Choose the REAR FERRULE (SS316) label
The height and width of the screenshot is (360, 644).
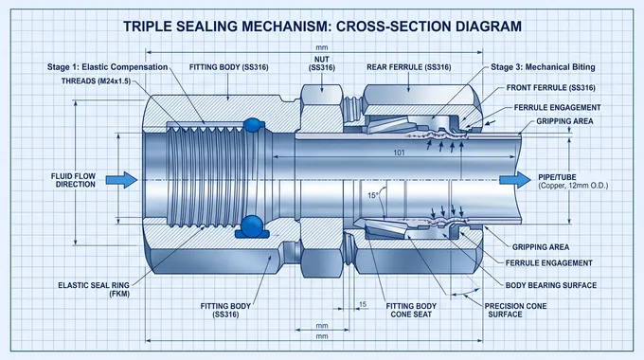[407, 67]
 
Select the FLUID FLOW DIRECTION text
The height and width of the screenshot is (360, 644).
[74, 180]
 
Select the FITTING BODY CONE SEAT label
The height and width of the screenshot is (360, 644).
[412, 312]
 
